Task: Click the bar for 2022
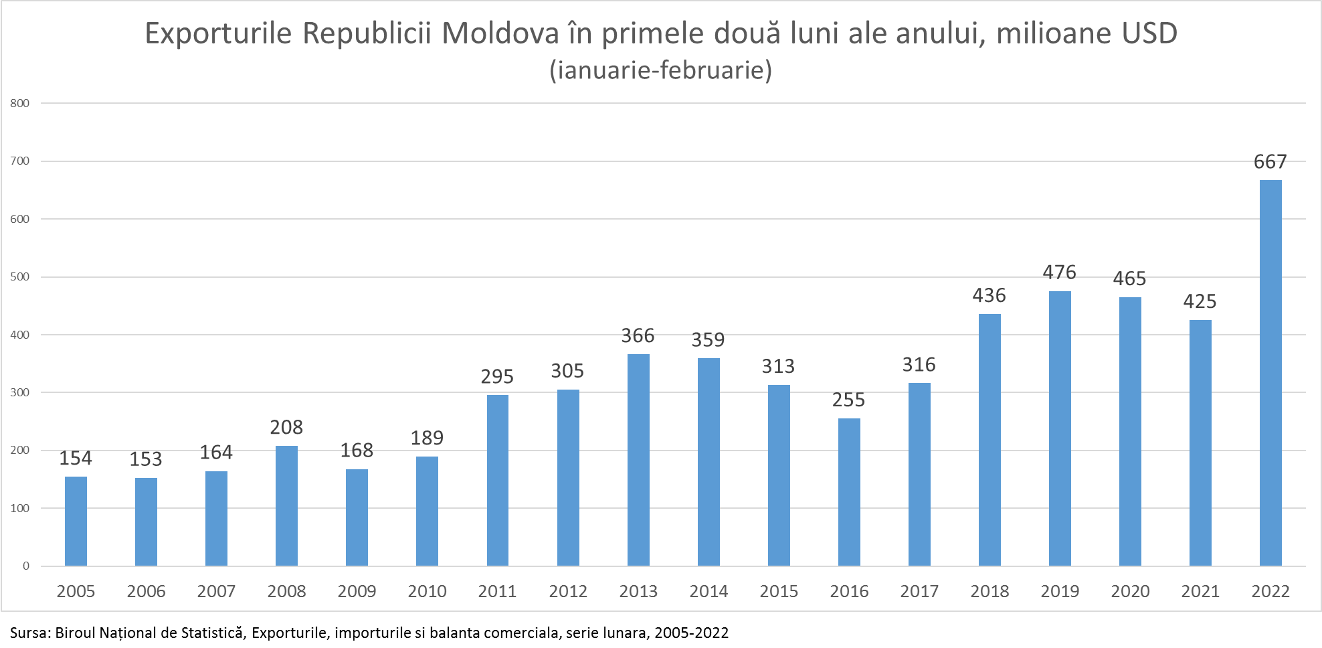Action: click(1270, 373)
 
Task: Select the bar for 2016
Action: click(849, 492)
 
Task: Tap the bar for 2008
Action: click(286, 505)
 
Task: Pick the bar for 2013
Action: click(638, 460)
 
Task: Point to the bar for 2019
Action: click(1060, 428)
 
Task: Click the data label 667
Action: click(1270, 161)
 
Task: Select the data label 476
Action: click(1059, 272)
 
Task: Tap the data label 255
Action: click(848, 400)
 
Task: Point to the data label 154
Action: click(76, 458)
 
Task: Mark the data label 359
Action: click(708, 339)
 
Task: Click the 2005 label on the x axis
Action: click(76, 591)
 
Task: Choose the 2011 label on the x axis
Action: click(497, 591)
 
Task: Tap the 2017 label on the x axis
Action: click(919, 591)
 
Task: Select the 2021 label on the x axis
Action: click(1200, 591)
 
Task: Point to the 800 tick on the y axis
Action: click(20, 103)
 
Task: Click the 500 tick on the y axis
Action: click(20, 276)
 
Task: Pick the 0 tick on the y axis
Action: click(26, 566)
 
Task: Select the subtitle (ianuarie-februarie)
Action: click(660, 70)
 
